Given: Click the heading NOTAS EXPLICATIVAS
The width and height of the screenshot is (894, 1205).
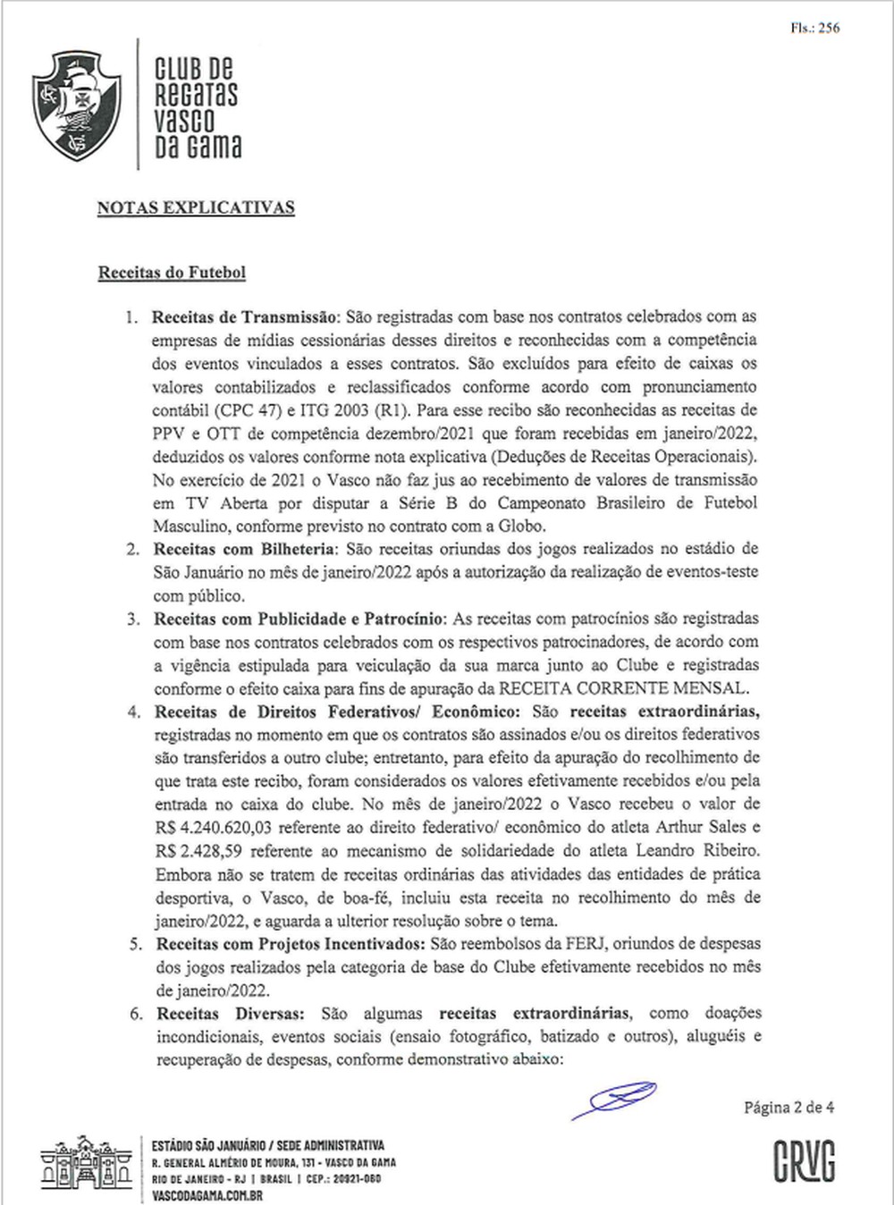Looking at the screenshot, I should (196, 207).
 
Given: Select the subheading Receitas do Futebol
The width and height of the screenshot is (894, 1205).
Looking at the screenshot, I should (172, 273).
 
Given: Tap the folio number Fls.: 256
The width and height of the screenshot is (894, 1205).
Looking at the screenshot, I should (814, 28).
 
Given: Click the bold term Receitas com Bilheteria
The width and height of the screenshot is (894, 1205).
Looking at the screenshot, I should (244, 549).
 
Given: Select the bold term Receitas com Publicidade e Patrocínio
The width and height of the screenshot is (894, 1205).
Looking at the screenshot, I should (299, 619).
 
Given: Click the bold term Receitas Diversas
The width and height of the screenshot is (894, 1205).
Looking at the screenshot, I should (231, 1014).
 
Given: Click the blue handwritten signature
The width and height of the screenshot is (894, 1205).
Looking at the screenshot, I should (616, 1099).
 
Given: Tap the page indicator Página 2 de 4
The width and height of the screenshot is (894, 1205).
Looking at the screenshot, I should (789, 1108).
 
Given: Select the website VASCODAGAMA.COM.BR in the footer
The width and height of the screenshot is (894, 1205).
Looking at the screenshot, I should (207, 1195).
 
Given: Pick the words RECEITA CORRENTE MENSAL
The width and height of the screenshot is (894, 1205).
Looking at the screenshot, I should (622, 688).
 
